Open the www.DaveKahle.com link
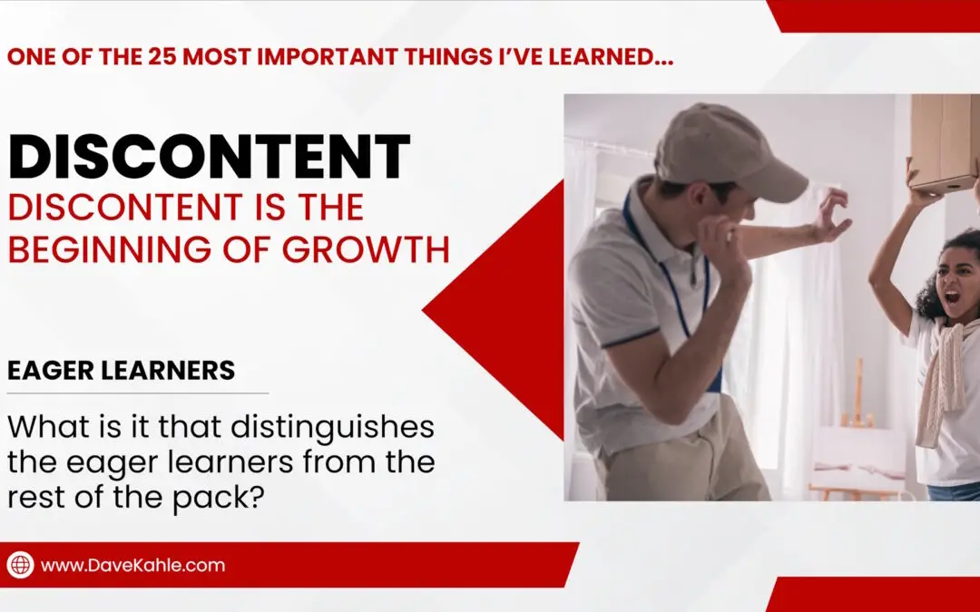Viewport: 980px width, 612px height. click(132, 565)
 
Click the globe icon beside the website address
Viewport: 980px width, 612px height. click(20, 565)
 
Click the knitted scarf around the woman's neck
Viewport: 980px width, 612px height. click(940, 381)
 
